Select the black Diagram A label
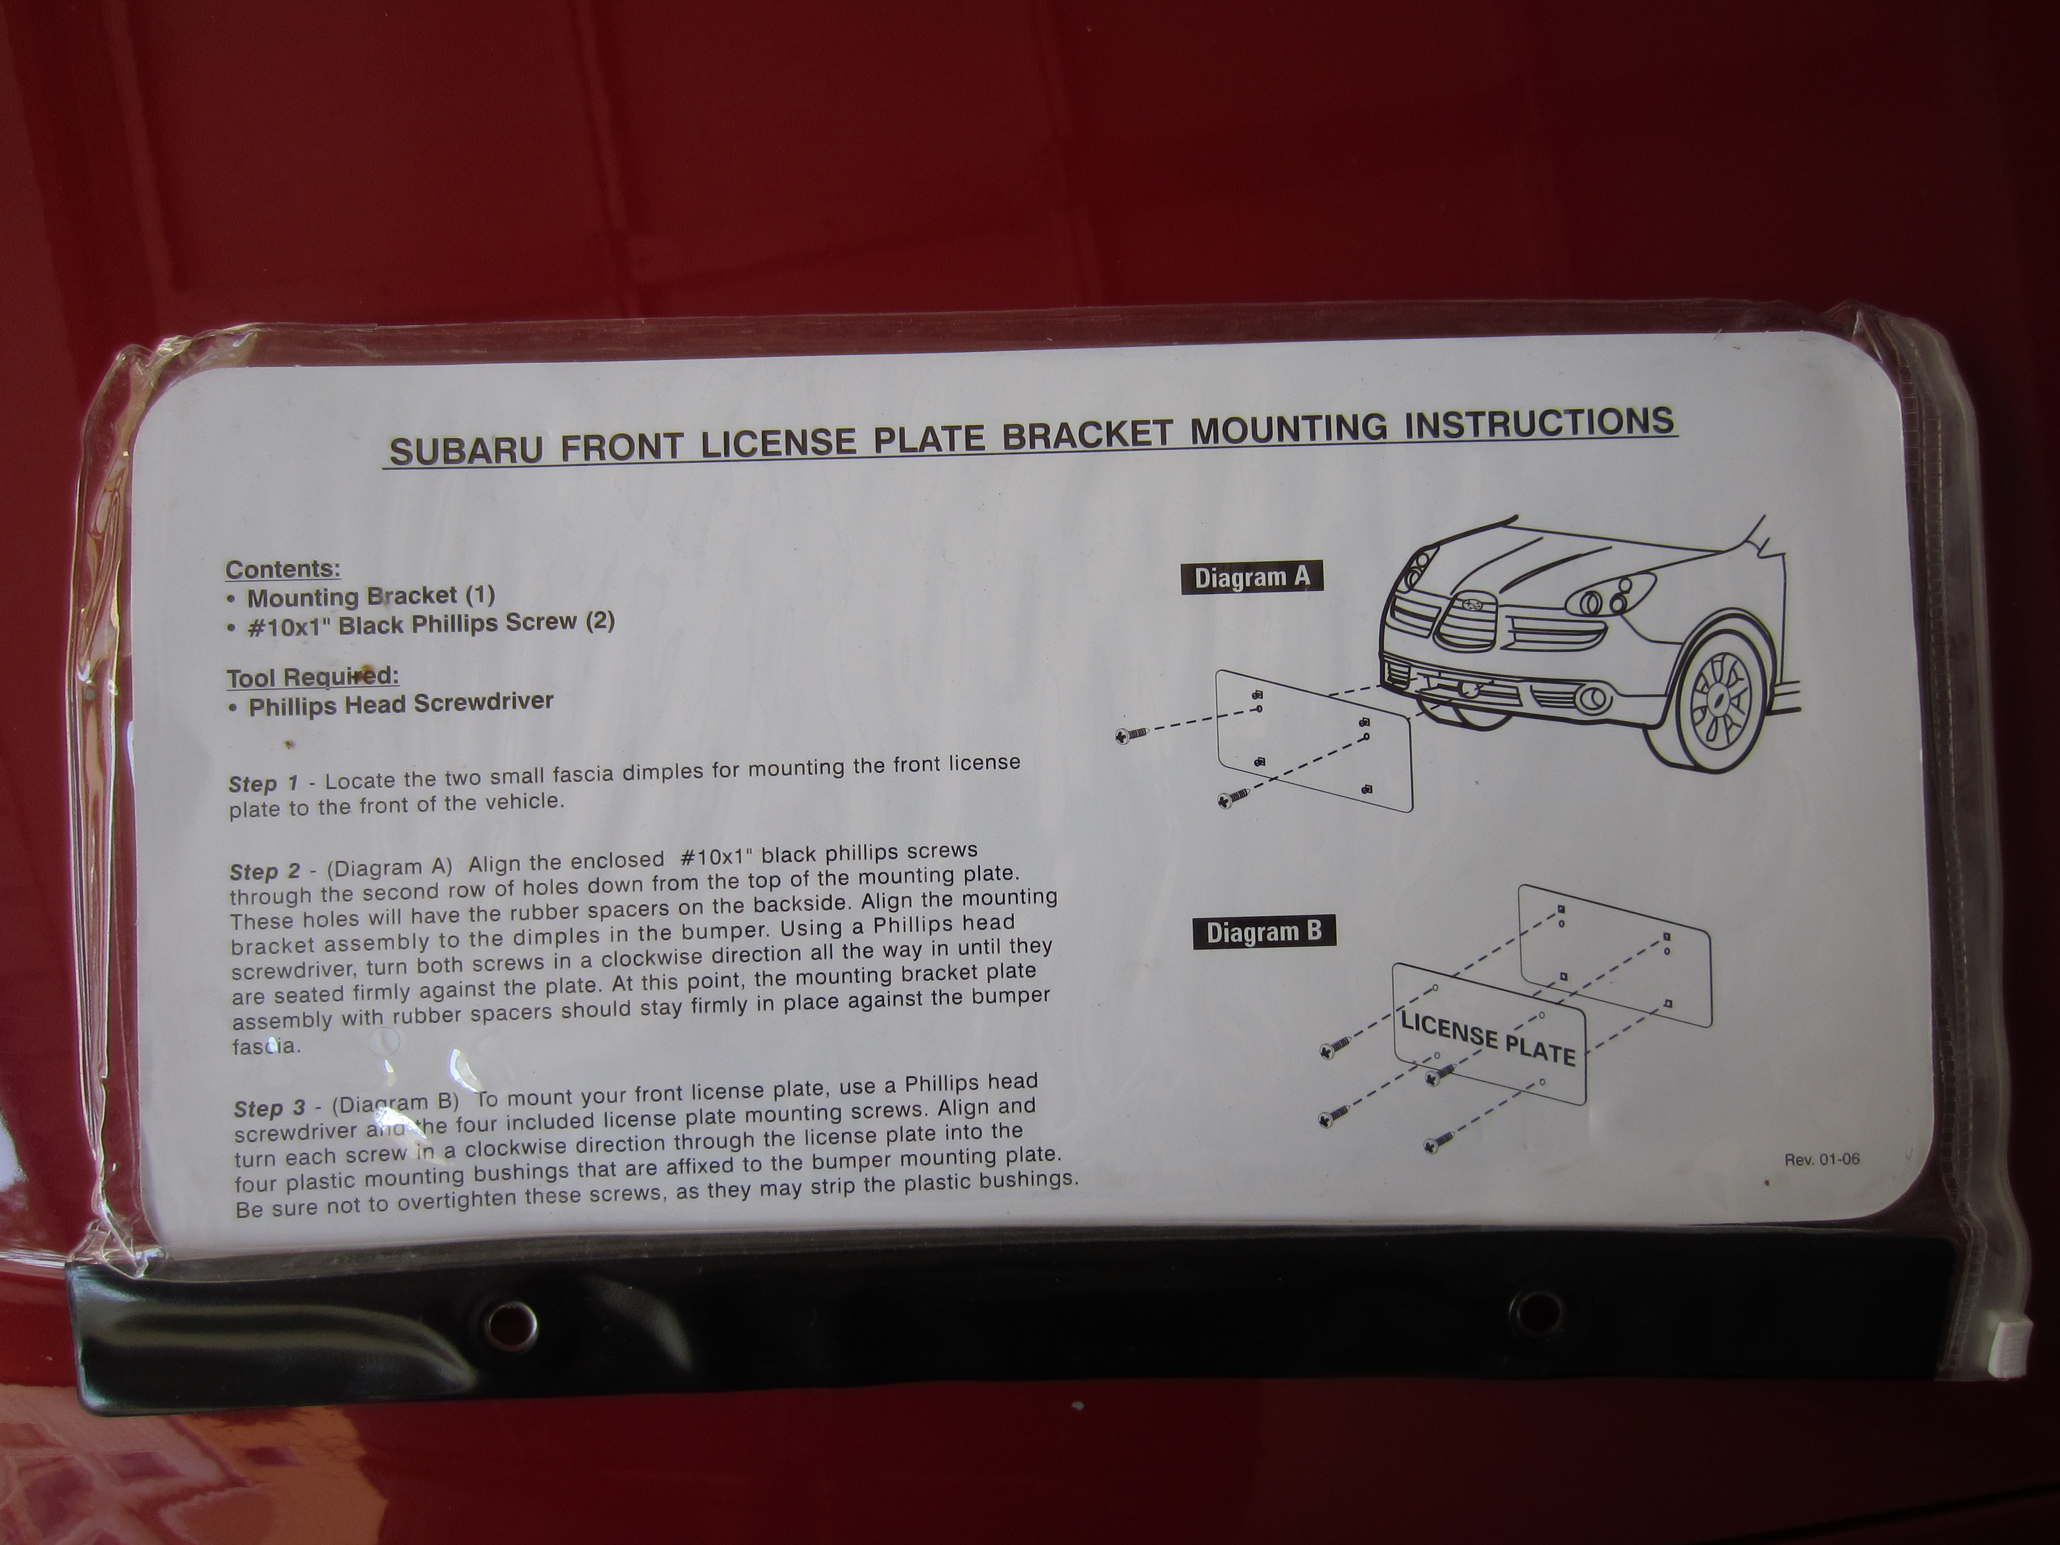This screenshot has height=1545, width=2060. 1251,577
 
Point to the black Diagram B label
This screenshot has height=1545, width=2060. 1264,932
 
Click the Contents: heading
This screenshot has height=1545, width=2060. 283,569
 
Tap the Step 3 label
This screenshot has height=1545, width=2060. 269,1108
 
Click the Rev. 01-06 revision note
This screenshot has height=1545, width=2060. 1822,1159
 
